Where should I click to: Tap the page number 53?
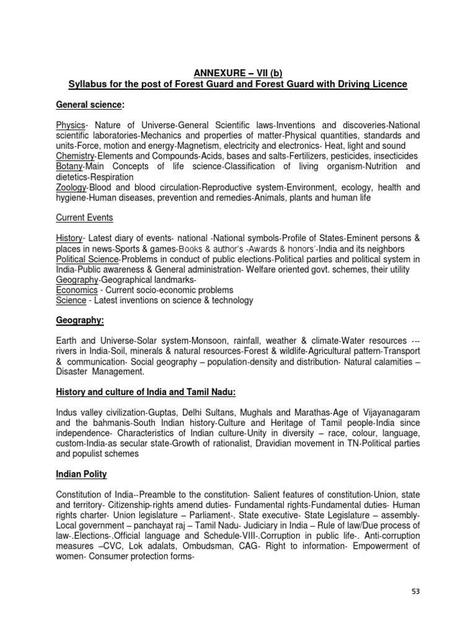point(415,591)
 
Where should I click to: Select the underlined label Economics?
point(77,290)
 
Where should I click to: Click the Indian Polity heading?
point(81,474)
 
